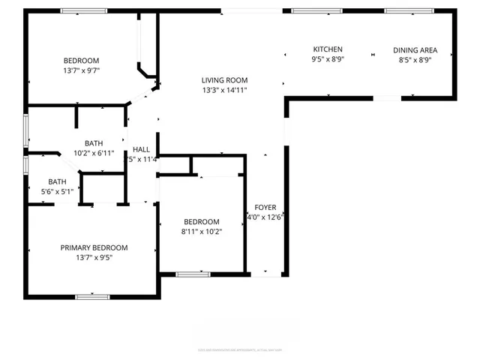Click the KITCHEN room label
(x=328, y=49)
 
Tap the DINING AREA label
(x=415, y=50)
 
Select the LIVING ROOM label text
(x=224, y=80)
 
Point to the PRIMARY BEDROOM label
(x=94, y=247)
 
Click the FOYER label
(x=265, y=207)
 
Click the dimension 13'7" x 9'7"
(x=80, y=70)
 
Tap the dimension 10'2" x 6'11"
(x=94, y=153)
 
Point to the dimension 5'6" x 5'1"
(x=58, y=191)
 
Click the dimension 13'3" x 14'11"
(x=224, y=90)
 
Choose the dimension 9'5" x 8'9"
(x=328, y=59)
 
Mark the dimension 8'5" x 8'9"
(x=415, y=60)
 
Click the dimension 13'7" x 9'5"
(x=94, y=257)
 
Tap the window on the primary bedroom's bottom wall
(x=93, y=297)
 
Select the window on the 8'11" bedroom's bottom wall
(x=193, y=274)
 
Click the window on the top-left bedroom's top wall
(x=82, y=11)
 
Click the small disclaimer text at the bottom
(x=232, y=349)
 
